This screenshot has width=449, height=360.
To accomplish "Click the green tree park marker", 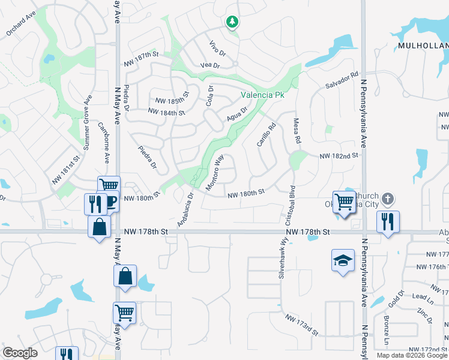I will (x=232, y=22).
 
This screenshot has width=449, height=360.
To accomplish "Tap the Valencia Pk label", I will (x=262, y=95).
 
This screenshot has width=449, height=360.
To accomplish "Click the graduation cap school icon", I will (x=342, y=260).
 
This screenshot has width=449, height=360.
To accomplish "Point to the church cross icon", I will (x=388, y=199).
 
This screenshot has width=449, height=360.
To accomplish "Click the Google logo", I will (x=20, y=352).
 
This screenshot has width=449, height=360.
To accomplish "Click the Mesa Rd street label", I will (x=297, y=130).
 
